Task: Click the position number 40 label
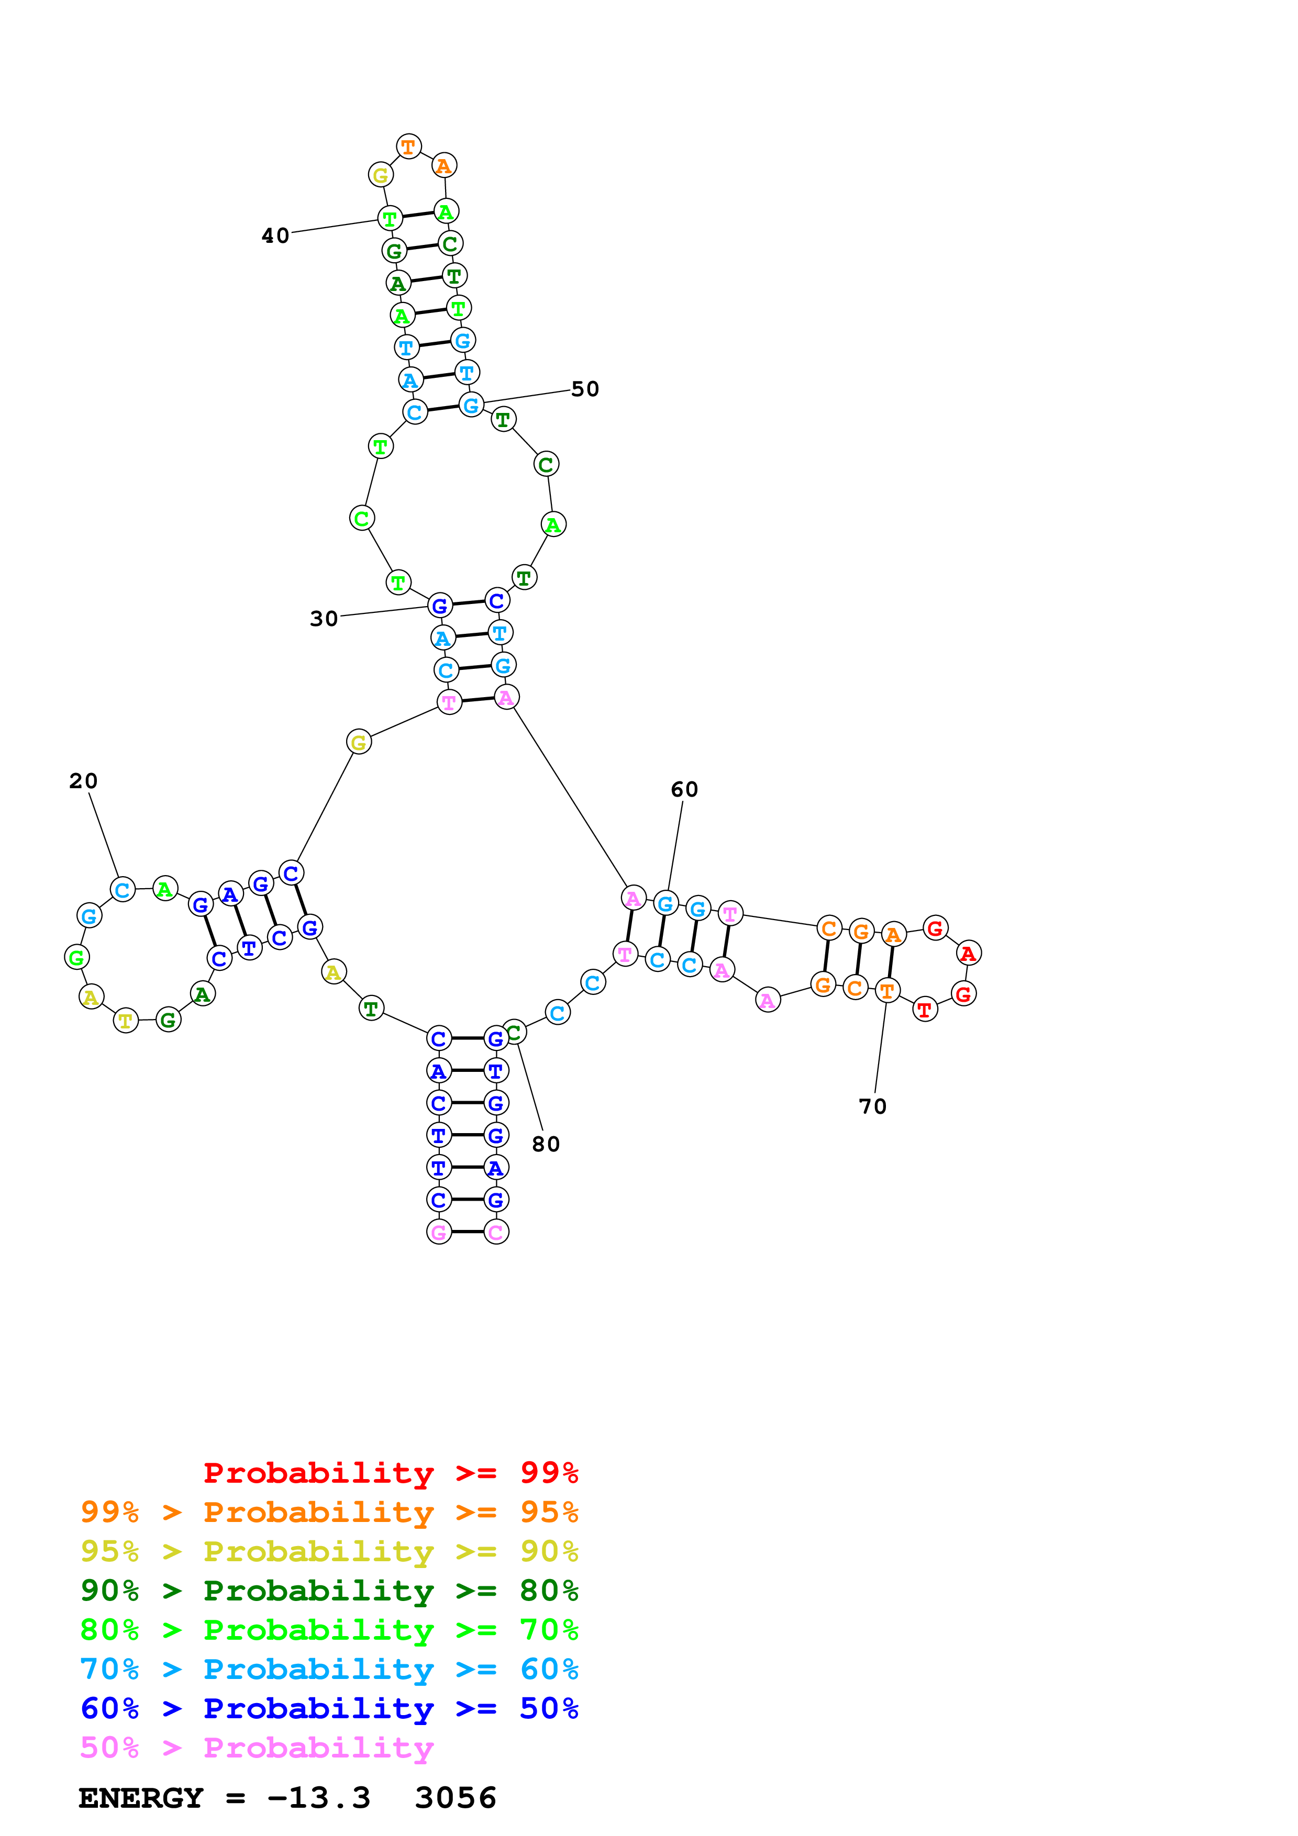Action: tap(275, 236)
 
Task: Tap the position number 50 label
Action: tap(585, 389)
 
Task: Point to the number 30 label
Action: tap(324, 619)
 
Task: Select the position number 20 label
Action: tap(83, 781)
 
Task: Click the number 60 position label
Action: tap(684, 790)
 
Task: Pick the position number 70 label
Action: tap(872, 1107)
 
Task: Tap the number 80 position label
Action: tap(546, 1144)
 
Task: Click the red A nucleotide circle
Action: tap(969, 953)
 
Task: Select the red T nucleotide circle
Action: tap(925, 1010)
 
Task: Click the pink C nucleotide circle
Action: tap(496, 1232)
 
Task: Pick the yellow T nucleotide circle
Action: tap(126, 1021)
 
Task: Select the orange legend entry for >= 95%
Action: tap(329, 1512)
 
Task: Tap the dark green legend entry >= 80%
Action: tap(329, 1591)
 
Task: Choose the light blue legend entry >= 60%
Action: tap(329, 1669)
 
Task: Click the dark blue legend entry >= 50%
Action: tap(329, 1708)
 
